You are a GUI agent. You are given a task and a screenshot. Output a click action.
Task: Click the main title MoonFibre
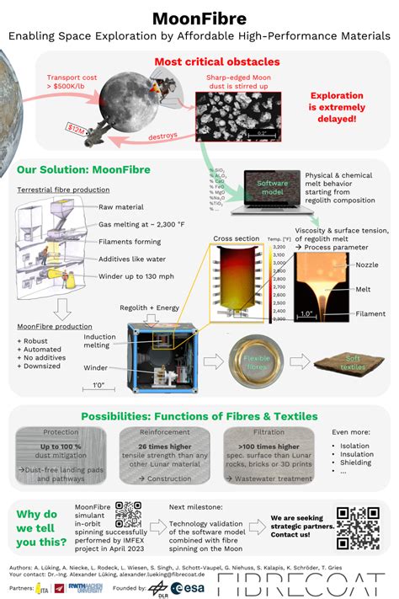(199, 18)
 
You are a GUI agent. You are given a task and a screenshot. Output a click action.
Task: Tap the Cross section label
(237, 238)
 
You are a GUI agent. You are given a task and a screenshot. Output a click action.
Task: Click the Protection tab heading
(61, 432)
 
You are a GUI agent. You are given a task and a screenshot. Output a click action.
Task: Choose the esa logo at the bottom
(183, 587)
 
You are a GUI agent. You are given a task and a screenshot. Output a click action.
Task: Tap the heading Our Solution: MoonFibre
(83, 169)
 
